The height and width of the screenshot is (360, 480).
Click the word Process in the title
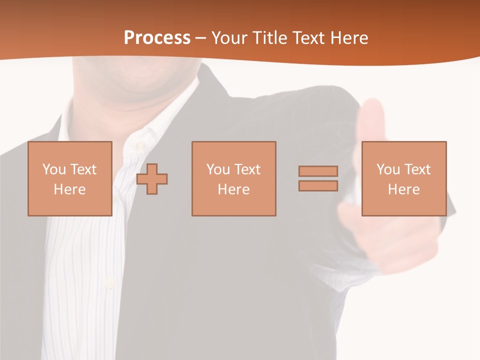(157, 38)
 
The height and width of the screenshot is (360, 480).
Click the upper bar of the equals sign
(318, 171)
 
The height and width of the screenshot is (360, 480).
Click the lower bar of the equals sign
(318, 185)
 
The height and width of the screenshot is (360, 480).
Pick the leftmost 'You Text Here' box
(69, 178)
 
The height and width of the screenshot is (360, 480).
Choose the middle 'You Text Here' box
(233, 178)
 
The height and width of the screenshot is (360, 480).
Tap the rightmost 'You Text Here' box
(403, 178)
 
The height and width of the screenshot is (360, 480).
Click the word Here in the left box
(69, 189)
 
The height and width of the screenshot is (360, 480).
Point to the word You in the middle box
(218, 169)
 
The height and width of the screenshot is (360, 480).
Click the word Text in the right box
(417, 169)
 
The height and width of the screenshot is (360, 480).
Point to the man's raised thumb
(370, 120)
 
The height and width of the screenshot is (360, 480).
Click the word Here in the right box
(403, 189)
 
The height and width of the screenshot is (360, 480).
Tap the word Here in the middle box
(233, 189)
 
